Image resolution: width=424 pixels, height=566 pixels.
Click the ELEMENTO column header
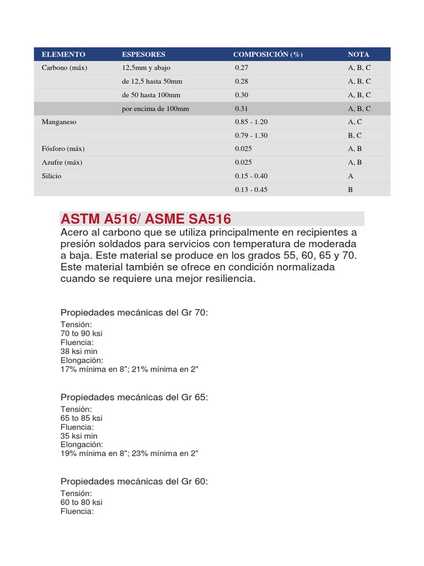63,54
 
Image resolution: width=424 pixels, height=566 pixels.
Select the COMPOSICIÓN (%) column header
268,54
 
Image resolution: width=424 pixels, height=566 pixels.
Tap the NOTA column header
358,54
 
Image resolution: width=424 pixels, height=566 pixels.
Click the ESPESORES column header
144,54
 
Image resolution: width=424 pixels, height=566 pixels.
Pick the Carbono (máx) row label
65,68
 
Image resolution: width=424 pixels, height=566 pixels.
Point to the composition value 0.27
242,68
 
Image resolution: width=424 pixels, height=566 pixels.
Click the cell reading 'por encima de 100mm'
155,109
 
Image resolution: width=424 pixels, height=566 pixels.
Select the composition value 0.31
242,109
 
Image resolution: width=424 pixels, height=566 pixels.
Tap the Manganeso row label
59,122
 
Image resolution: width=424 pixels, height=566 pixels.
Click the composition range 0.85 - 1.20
251,122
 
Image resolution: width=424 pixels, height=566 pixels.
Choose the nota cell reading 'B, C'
356,135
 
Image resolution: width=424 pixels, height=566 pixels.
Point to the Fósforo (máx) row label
63,149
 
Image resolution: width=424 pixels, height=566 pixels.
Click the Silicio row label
52,176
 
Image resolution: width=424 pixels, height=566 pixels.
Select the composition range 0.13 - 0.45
251,190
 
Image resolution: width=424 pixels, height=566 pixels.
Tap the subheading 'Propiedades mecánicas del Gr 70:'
134,313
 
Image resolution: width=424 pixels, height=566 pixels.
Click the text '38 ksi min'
79,351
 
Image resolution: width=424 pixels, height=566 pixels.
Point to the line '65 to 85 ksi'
81,418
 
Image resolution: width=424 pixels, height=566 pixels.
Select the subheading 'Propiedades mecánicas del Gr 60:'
134,482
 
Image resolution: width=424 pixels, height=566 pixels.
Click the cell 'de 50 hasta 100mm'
151,95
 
